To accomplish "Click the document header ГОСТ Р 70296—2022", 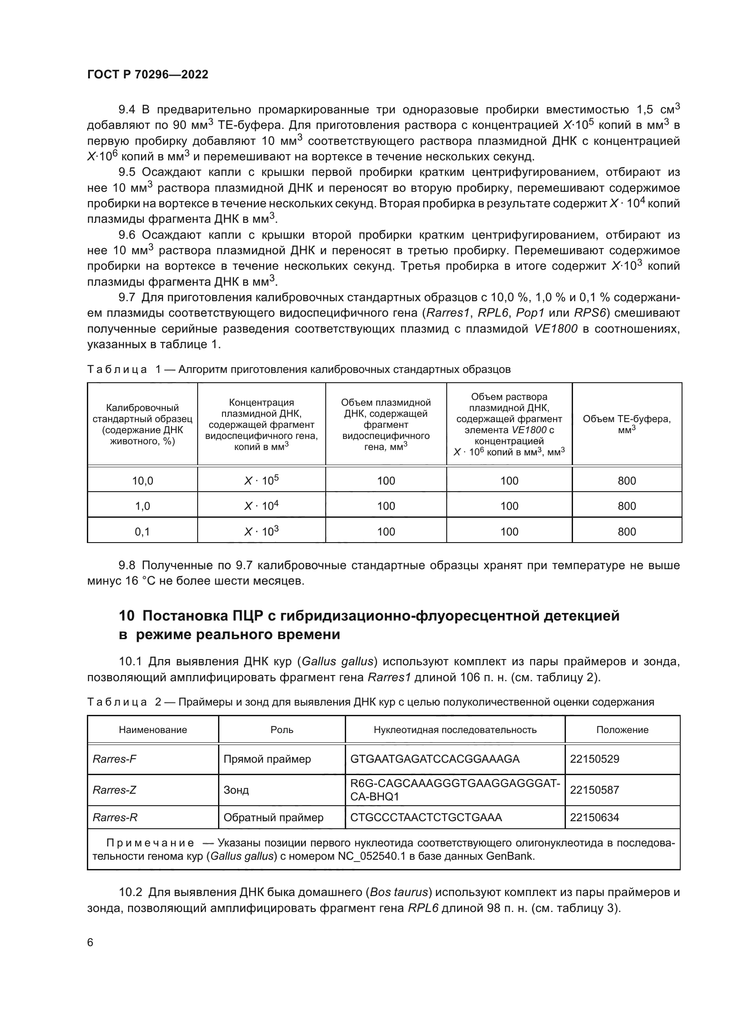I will pos(148,75).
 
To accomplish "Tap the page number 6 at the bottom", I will pos(90,942).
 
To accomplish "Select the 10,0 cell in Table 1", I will pos(143,481).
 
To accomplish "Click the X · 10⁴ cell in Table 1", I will pos(261,506).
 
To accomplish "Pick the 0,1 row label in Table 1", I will pos(143,532).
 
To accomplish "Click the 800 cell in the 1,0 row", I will pos(627,506).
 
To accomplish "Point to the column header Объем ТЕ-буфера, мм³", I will pos(627,424).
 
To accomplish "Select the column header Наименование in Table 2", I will pos(152,729).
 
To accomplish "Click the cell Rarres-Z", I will pos(114,790).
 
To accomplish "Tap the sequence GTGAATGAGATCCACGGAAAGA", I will pos(435,759).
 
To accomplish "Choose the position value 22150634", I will pos(594,817).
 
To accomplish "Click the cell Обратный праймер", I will pos(273,817).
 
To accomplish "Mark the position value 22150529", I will pos(594,759).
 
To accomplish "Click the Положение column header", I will pos(622,729).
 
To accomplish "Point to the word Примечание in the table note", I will pos(150,843).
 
